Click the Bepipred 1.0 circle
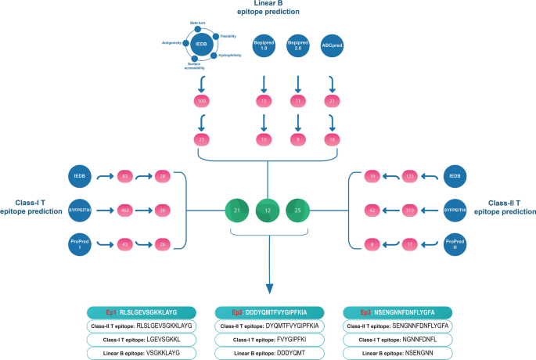264,46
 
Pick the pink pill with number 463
125,211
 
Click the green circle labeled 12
268,211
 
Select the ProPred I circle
81,244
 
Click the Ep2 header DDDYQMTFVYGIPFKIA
268,311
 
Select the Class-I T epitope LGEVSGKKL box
140,339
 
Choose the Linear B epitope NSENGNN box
396,352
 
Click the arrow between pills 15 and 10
264,121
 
